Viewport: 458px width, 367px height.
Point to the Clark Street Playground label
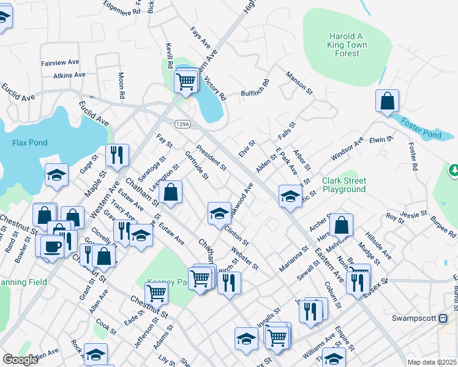tap(344, 185)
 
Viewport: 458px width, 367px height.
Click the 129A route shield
tap(182, 124)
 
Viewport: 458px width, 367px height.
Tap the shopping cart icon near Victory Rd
tap(186, 81)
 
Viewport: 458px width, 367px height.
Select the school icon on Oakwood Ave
tap(219, 212)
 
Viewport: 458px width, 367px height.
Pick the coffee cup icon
tap(53, 247)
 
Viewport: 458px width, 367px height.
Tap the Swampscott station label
tap(418, 319)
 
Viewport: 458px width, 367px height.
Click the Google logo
tap(20, 360)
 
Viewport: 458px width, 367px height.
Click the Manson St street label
tap(299, 83)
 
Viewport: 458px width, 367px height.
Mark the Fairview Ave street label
tap(60, 62)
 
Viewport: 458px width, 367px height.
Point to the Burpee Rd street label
tap(443, 226)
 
